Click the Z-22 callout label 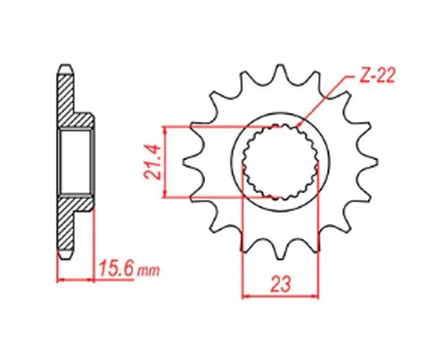pos(377,75)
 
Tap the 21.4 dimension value pos(152,162)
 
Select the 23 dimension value pos(281,284)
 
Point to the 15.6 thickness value pos(117,268)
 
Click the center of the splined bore pos(281,162)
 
